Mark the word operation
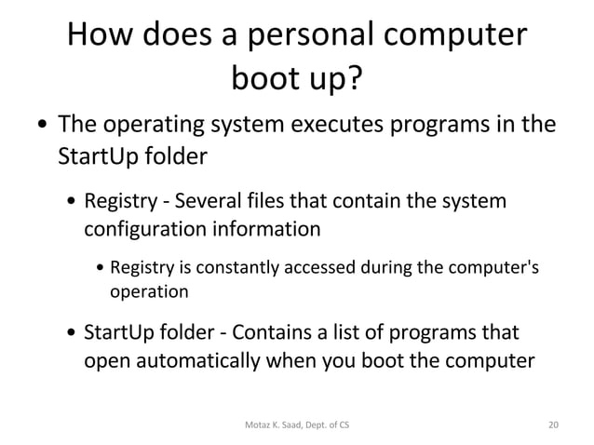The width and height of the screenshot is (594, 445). pos(149,291)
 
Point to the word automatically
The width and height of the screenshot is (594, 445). pos(204,359)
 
